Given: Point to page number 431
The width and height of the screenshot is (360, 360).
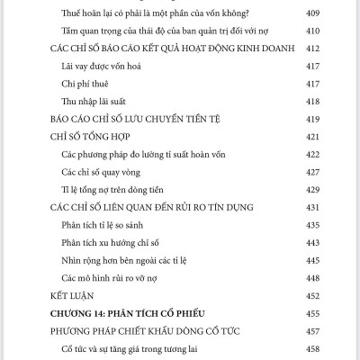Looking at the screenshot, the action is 315,205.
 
